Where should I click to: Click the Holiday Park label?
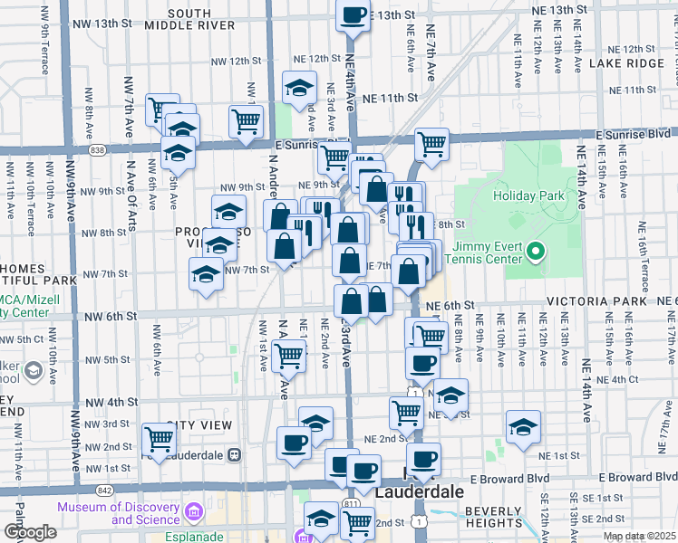528,195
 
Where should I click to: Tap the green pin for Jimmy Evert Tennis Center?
535,251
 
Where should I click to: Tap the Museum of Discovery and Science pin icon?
193,513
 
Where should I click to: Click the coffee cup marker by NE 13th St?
354,14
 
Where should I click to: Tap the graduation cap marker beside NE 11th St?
299,88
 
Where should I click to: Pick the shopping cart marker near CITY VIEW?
160,440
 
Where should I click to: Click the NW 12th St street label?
236,61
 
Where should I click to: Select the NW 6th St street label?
112,317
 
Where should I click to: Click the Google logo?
31,532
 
